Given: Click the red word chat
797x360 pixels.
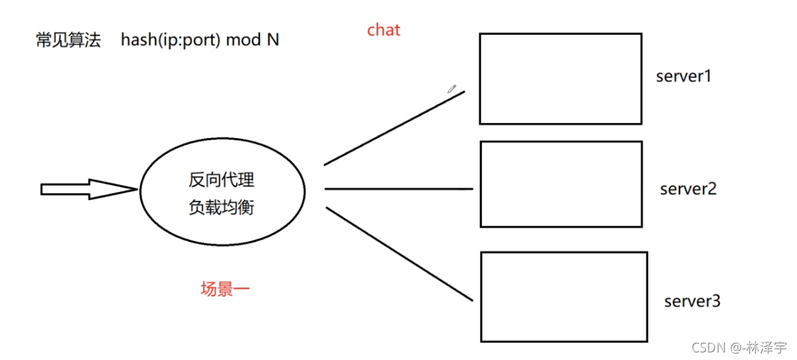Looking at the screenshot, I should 384,30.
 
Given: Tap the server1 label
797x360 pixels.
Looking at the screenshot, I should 683,76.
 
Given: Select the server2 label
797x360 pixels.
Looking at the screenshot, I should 688,188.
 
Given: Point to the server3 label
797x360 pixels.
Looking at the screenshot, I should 692,301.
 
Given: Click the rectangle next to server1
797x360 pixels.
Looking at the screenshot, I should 560,79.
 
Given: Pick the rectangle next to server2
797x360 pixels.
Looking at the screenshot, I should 561,184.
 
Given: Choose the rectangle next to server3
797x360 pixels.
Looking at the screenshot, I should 563,296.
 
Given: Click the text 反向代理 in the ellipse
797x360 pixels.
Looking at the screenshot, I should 221,180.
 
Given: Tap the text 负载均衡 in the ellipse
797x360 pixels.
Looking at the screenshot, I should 221,207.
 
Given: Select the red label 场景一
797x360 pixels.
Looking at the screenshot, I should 225,290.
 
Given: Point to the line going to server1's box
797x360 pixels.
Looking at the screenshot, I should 394,128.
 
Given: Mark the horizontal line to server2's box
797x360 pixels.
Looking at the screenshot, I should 398,189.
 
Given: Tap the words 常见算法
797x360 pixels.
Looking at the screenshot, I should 68,40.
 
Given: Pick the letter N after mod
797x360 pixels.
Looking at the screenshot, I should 273,40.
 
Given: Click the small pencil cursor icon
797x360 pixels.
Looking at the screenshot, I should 451,88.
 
